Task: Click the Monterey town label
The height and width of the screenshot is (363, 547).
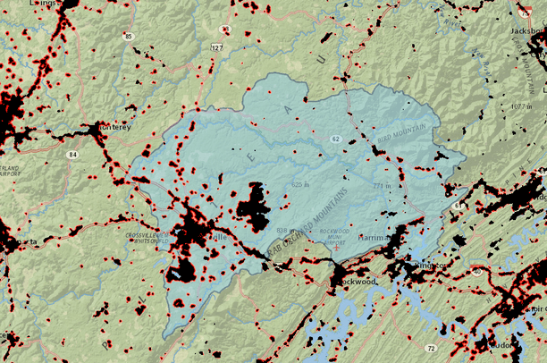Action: [x=114, y=127]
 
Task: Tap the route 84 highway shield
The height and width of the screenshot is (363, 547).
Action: [x=71, y=155]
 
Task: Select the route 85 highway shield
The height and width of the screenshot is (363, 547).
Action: [x=129, y=37]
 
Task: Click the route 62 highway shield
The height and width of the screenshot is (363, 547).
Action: [x=335, y=139]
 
